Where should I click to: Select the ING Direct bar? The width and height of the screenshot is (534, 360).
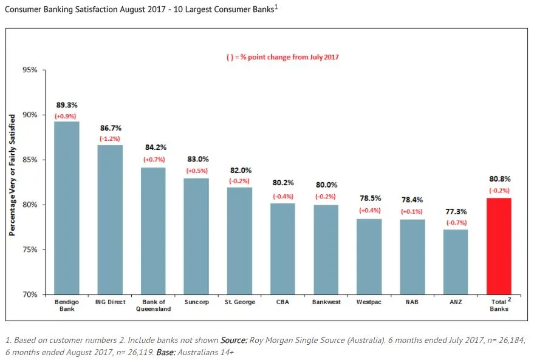point(110,219)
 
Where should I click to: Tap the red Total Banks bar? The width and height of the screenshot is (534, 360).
point(499,246)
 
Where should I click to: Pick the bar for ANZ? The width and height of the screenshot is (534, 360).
point(456,262)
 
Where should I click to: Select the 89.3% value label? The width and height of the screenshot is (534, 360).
point(67,105)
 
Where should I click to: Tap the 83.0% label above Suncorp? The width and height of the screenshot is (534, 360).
point(196,160)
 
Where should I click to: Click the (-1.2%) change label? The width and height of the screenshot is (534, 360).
point(110,139)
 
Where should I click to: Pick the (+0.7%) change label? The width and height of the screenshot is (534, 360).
point(153,159)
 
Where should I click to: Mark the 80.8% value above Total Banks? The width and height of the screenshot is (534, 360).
point(499,179)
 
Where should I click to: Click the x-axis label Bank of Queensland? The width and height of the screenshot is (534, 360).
point(153,305)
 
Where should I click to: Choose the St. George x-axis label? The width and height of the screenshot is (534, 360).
point(239,302)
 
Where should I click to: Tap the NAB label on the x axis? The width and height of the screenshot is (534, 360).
point(412,302)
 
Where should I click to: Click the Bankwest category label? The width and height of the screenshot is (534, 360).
point(326,302)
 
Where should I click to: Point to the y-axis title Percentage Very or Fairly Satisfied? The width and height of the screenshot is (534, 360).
point(12,182)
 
